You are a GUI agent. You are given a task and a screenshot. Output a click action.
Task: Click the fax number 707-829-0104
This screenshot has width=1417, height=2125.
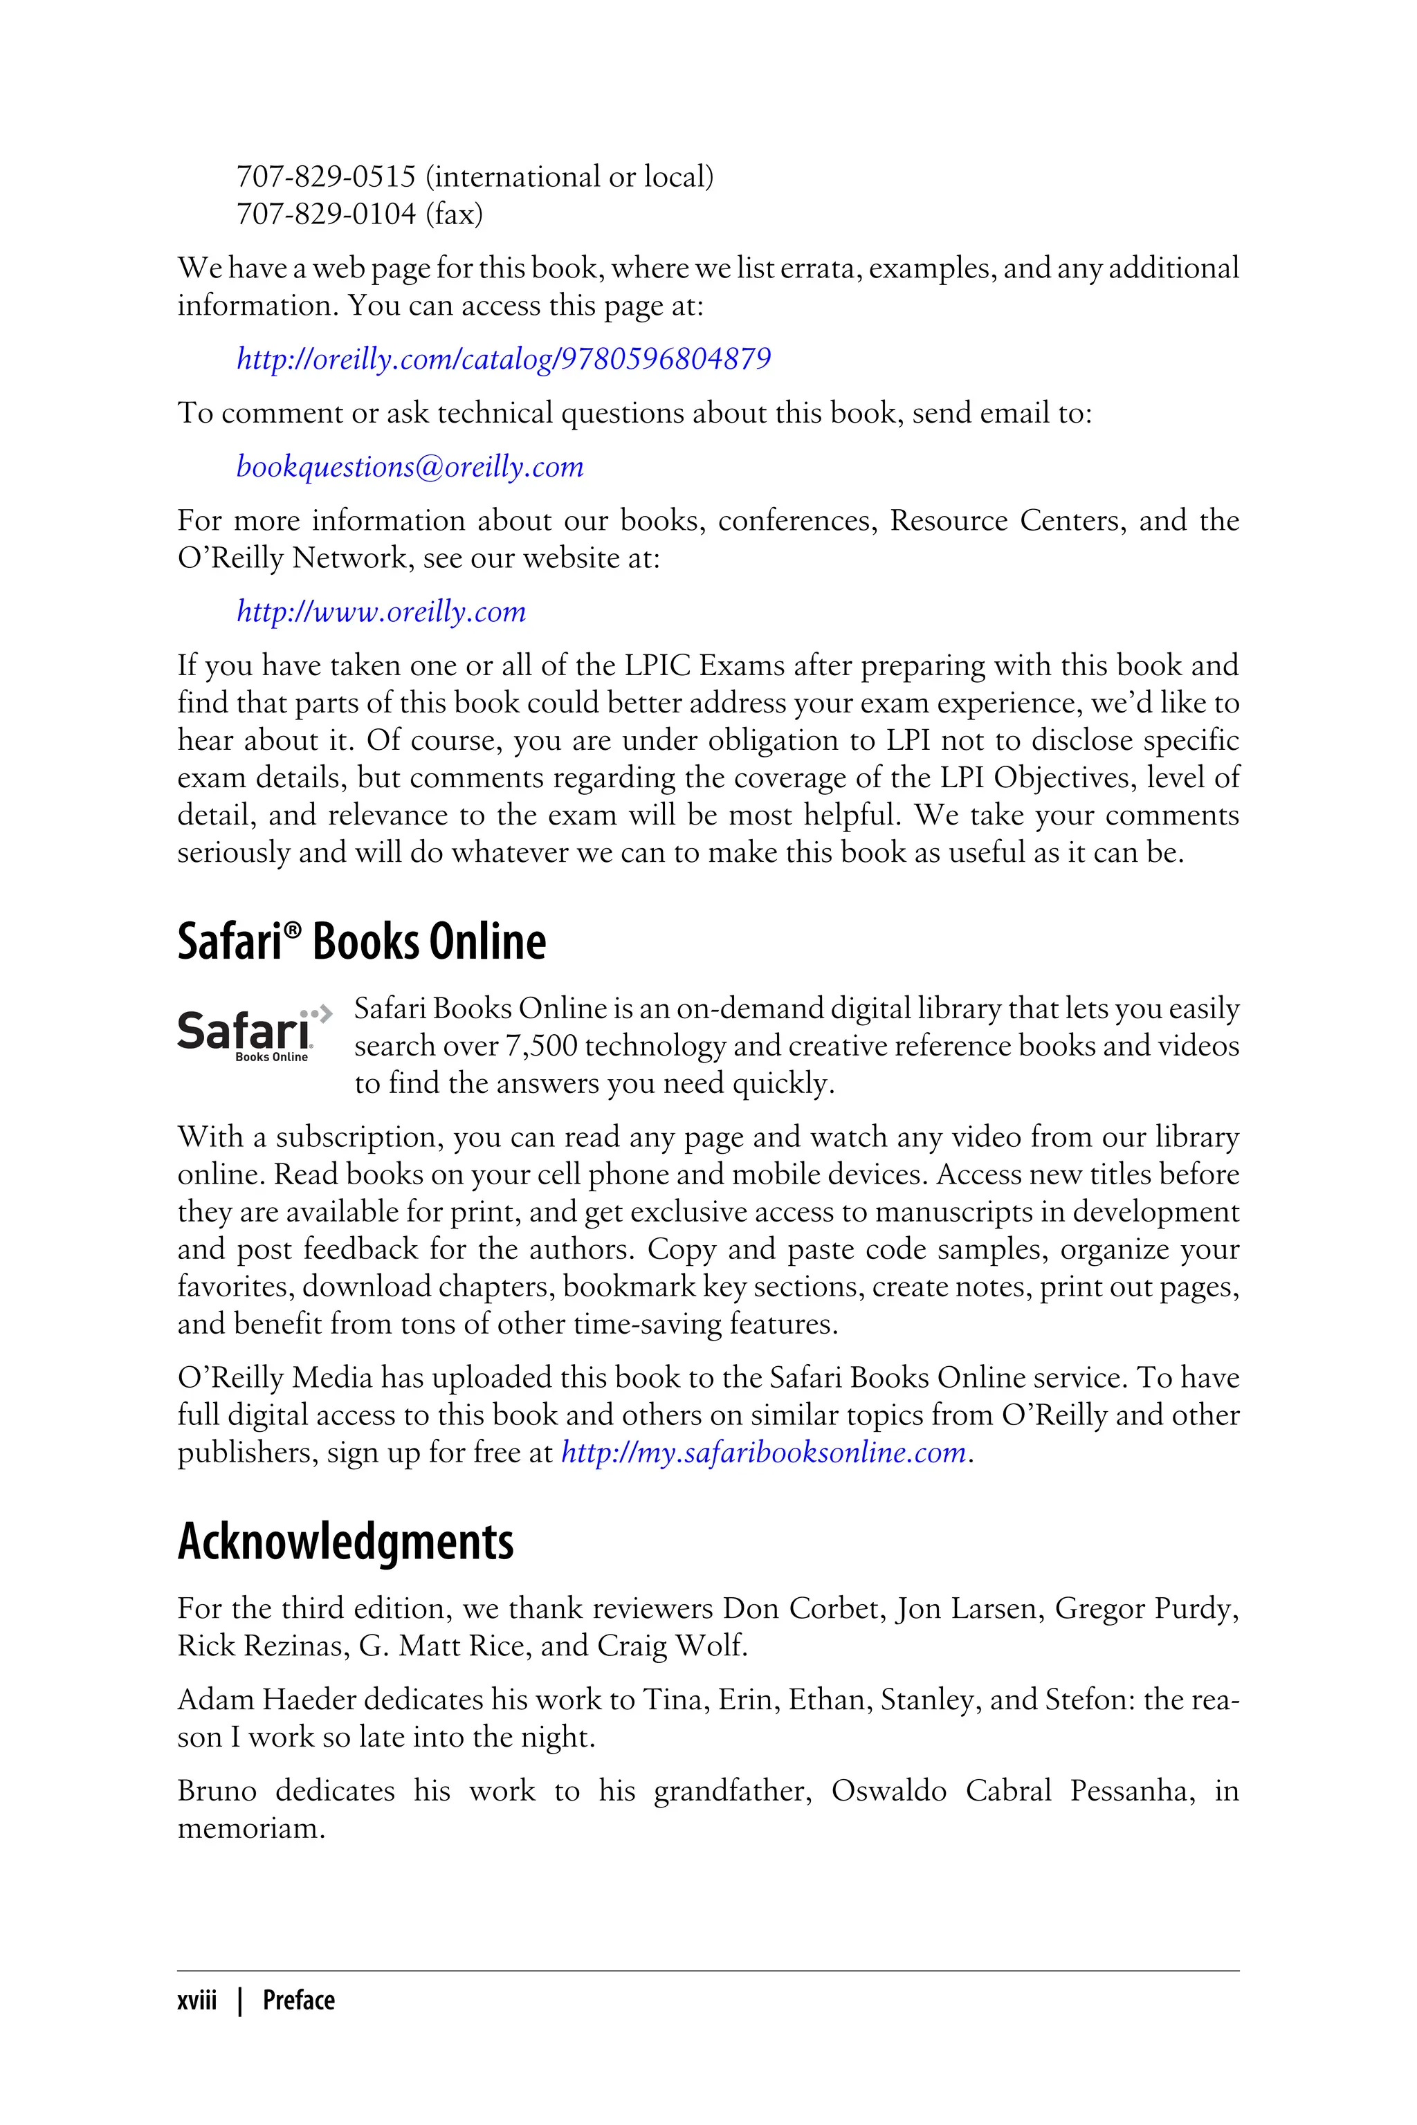(325, 214)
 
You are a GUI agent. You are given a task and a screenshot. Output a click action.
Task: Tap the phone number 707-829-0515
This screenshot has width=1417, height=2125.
(325, 177)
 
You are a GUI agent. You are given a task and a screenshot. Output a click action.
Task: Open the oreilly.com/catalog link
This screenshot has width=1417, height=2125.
(504, 360)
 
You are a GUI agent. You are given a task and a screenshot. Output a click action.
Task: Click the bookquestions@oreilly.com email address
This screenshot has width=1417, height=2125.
(410, 467)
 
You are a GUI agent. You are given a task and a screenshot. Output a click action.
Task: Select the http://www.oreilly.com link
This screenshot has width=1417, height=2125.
(381, 611)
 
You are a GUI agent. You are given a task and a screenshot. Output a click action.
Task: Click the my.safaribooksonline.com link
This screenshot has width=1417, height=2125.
(764, 1453)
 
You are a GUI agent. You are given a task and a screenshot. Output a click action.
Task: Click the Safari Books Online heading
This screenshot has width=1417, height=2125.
(361, 941)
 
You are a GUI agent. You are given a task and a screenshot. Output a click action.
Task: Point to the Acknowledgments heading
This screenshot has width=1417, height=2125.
(345, 1543)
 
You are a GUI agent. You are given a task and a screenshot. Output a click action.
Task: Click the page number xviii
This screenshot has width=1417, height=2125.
(197, 2000)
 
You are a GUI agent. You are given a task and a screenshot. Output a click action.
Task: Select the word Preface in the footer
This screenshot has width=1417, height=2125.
(298, 2000)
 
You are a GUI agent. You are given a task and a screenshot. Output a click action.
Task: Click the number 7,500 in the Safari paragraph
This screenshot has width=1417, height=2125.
(540, 1046)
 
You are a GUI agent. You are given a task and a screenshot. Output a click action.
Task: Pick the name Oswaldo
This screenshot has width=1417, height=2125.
(888, 1791)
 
